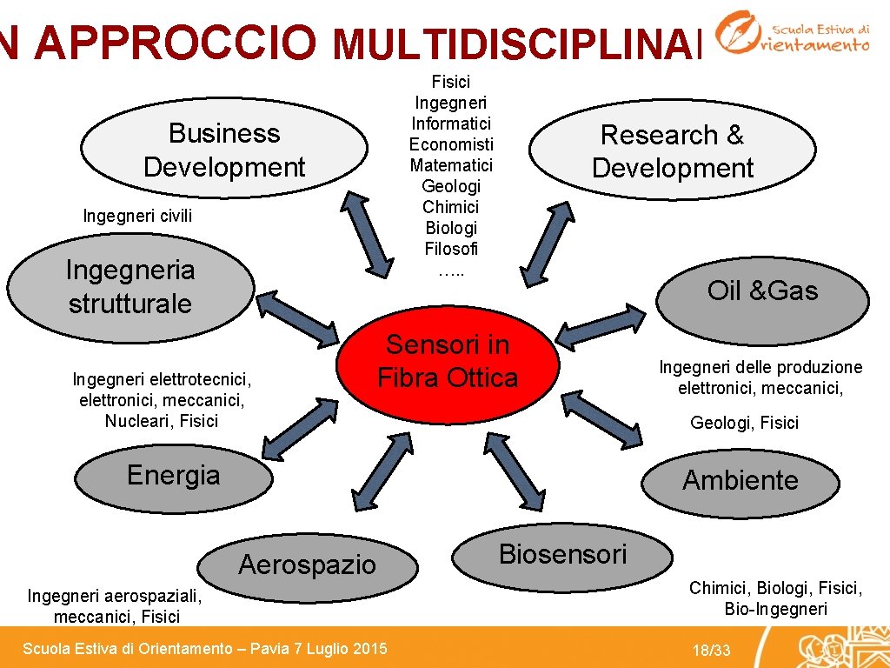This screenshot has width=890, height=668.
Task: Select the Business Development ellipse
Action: point(224,149)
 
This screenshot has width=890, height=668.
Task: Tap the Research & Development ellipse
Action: point(673,150)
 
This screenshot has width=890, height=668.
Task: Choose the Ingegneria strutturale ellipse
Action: point(130,286)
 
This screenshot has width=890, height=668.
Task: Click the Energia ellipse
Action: point(174,476)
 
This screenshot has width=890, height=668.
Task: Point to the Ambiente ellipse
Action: point(740,480)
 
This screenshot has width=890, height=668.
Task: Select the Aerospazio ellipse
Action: point(307,564)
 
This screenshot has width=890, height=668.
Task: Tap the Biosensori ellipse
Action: point(563,554)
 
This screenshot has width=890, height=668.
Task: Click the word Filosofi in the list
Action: point(451,249)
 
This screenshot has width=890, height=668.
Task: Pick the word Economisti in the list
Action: point(451,144)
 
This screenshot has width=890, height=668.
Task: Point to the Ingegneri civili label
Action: point(137,215)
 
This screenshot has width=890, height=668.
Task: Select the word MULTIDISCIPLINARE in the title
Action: point(517,40)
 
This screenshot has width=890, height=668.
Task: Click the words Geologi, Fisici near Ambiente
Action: point(744,423)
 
